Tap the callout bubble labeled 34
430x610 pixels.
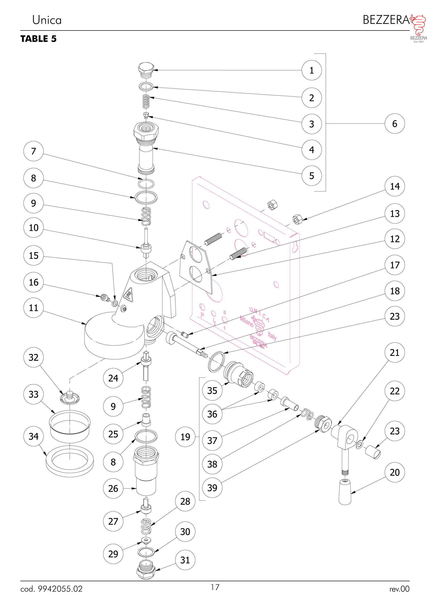click(x=33, y=436)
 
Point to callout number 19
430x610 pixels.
click(x=185, y=437)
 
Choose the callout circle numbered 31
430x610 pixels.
click(x=185, y=560)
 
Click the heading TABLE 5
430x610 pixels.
click(x=39, y=39)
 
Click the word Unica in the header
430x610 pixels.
click(x=47, y=20)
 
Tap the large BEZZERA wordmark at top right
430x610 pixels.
click(x=386, y=20)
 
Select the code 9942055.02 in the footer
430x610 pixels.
click(x=60, y=589)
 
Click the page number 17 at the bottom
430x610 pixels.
click(x=215, y=587)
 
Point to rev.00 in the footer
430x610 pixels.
click(x=399, y=589)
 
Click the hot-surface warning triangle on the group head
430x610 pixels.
click(x=128, y=294)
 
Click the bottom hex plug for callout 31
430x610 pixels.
click(x=146, y=569)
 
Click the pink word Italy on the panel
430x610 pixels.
click(x=272, y=336)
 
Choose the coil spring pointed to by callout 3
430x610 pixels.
click(x=146, y=102)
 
